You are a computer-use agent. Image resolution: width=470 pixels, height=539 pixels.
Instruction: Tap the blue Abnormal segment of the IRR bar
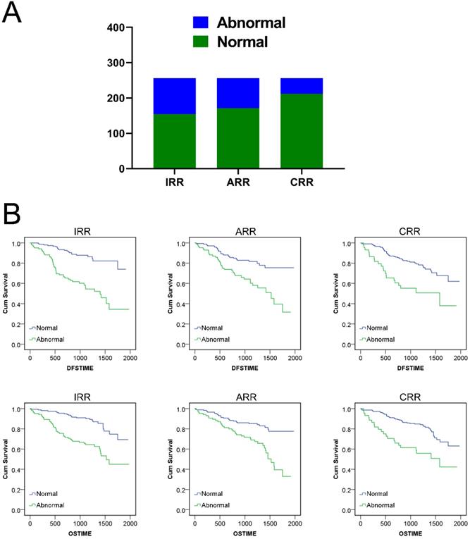pyautogui.click(x=174, y=96)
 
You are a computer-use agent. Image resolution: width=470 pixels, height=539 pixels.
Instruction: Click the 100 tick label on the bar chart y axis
pyautogui.click(x=114, y=134)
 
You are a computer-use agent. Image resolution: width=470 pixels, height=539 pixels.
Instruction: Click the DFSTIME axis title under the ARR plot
pyautogui.click(x=243, y=368)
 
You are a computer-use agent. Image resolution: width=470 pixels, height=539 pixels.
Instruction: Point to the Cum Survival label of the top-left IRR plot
pyautogui.click(x=6, y=294)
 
